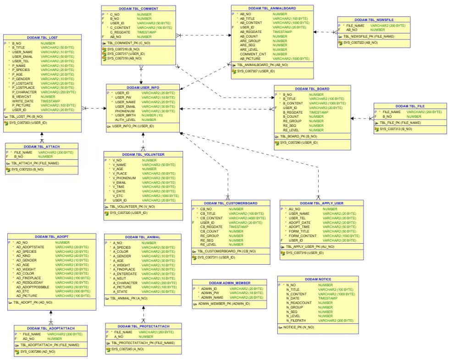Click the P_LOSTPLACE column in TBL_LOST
[x=24, y=87]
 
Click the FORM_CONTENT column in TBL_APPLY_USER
[x=302, y=235]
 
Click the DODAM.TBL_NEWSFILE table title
[x=371, y=20]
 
